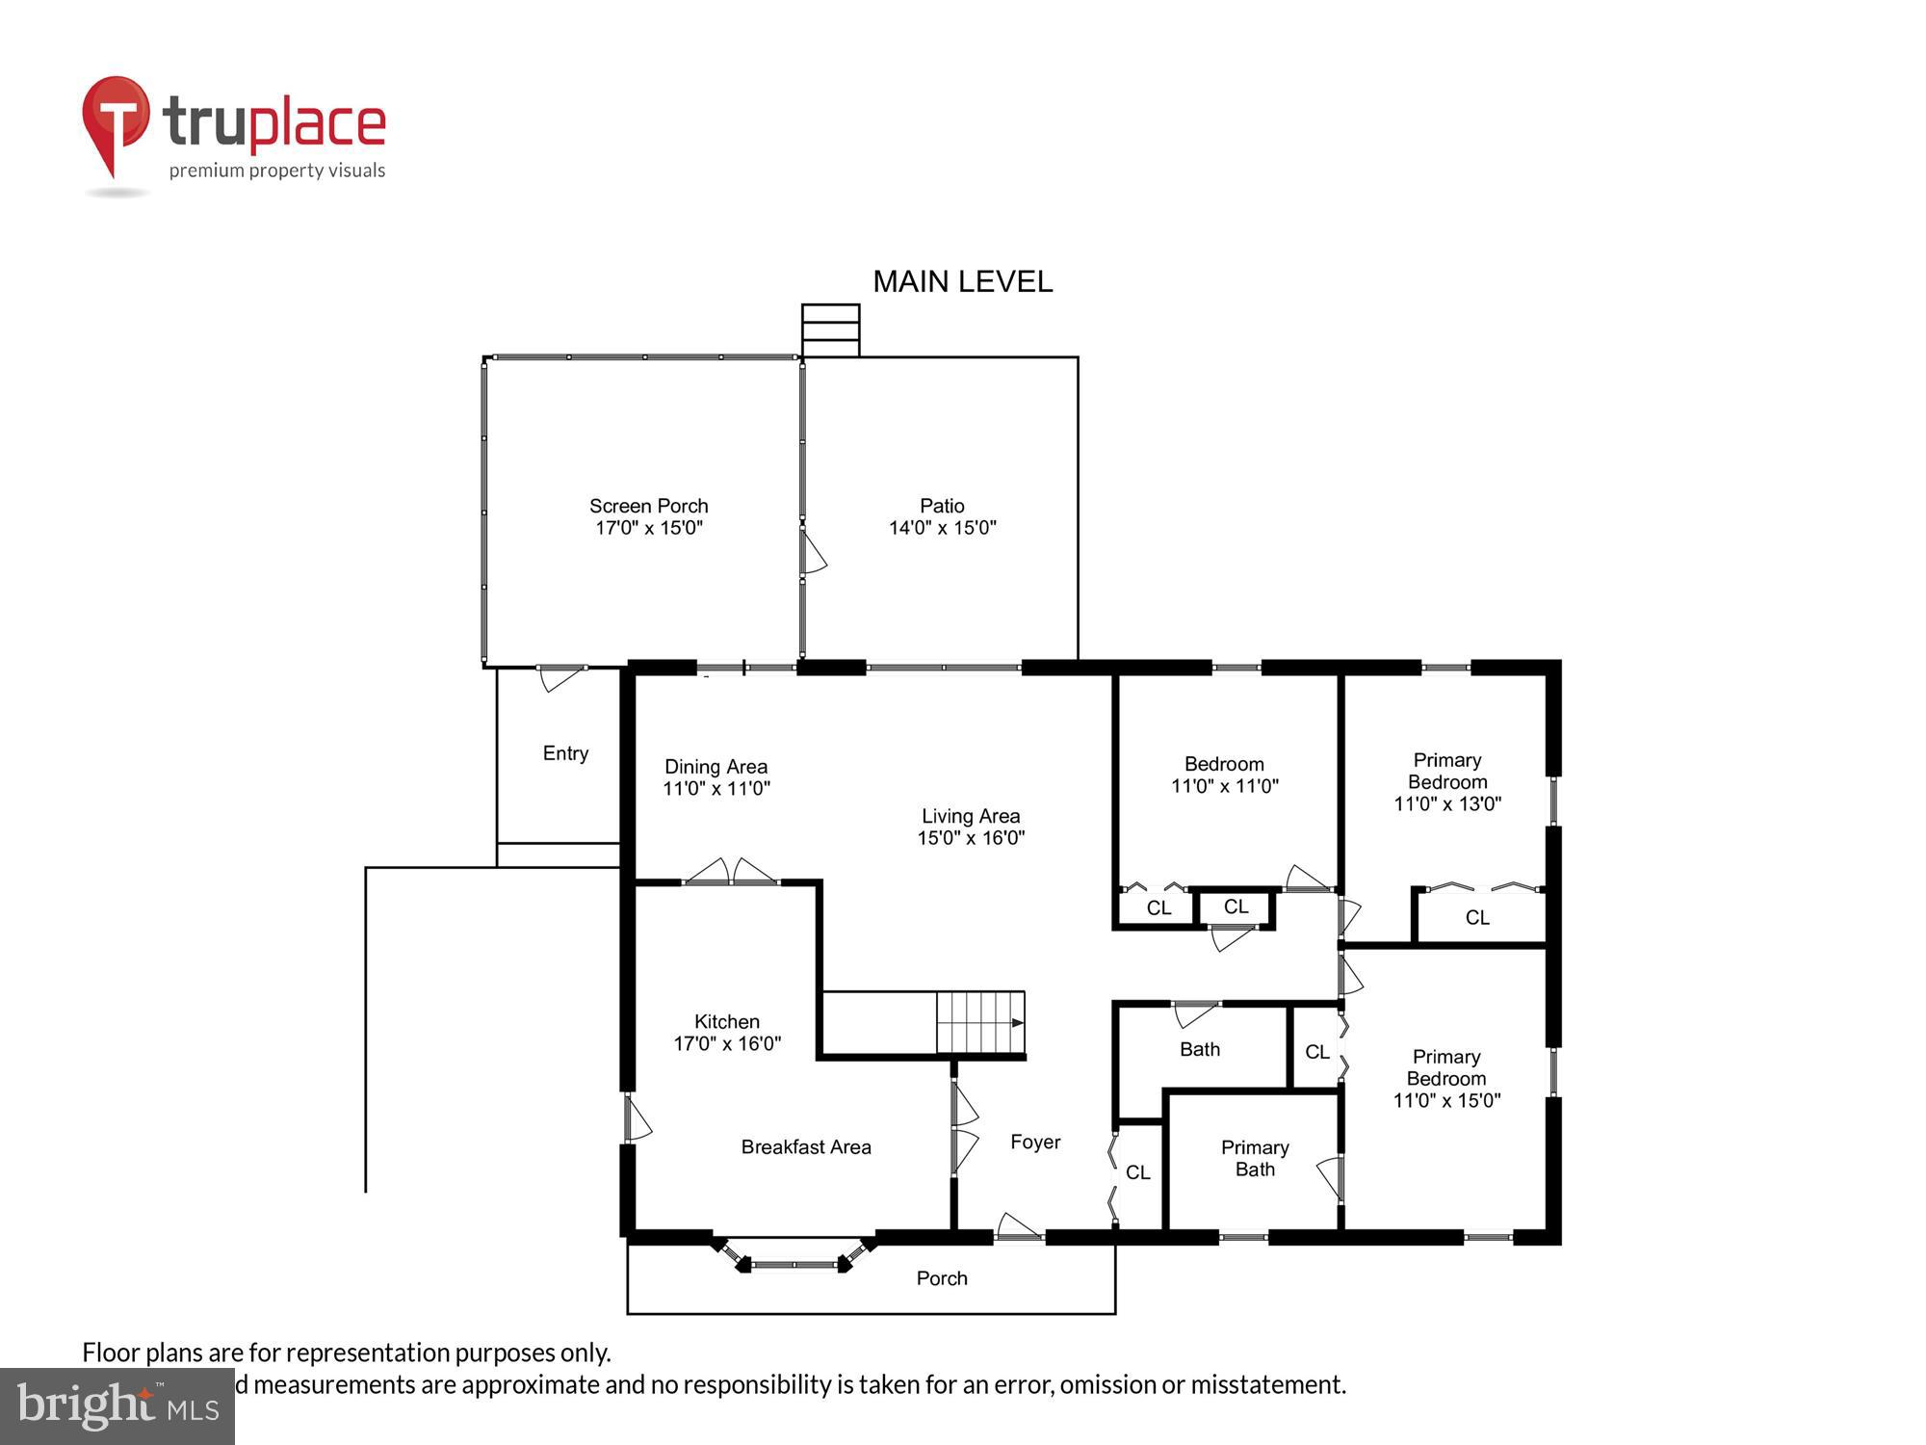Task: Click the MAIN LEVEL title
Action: (x=962, y=281)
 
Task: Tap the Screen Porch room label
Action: (x=648, y=506)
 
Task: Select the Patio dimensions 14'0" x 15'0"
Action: (x=942, y=528)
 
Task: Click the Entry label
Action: (x=565, y=753)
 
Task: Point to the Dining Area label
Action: (x=716, y=767)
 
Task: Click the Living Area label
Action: (x=970, y=816)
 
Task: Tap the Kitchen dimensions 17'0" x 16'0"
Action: (x=726, y=1043)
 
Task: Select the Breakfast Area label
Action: (x=805, y=1147)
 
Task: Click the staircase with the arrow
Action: (x=980, y=1023)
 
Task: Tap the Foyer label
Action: (x=1035, y=1143)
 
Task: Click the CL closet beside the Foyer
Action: (x=1137, y=1172)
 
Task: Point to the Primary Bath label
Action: (x=1254, y=1158)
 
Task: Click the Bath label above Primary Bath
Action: (x=1199, y=1049)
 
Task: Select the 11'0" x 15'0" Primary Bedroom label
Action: (x=1445, y=1079)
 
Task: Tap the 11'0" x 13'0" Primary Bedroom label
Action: (x=1446, y=781)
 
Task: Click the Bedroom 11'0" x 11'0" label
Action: (x=1224, y=775)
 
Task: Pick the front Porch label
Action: (x=941, y=1278)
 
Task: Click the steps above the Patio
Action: (x=830, y=330)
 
